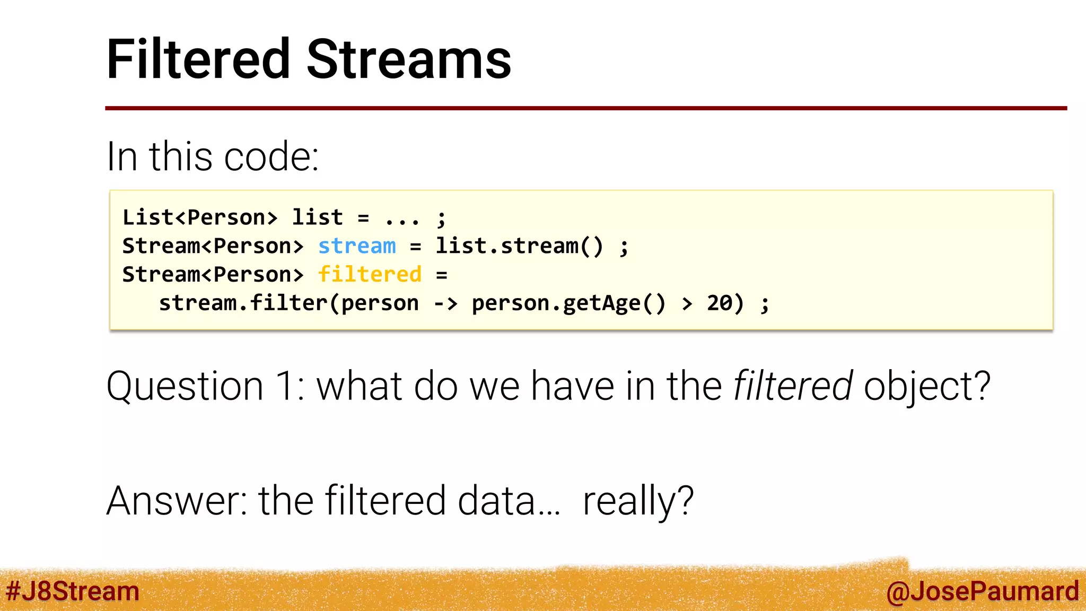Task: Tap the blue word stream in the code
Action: (x=357, y=246)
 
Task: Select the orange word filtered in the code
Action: (x=370, y=275)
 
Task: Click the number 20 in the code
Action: (x=720, y=303)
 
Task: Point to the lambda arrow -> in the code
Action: (x=445, y=303)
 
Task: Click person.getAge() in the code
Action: (x=568, y=303)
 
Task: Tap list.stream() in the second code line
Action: (x=519, y=246)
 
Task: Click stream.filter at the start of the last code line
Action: (x=243, y=303)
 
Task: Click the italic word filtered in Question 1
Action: (x=793, y=386)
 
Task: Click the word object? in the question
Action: (x=927, y=387)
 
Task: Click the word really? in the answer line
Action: (x=638, y=501)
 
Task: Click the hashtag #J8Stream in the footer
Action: (x=73, y=591)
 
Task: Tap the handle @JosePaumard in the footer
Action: (x=982, y=591)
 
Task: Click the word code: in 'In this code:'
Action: (x=271, y=157)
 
